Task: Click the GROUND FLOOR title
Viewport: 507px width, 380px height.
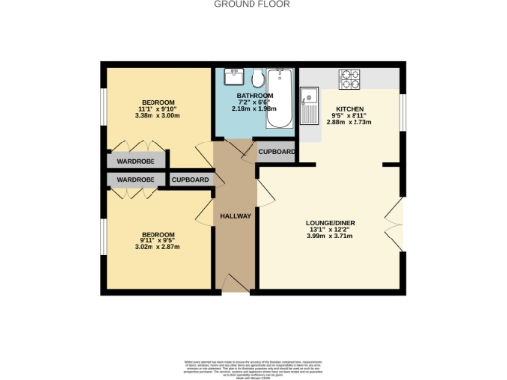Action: click(253, 4)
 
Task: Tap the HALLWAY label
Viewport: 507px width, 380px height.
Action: click(235, 215)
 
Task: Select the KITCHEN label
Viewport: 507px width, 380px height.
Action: click(351, 109)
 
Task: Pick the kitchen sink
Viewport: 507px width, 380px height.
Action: click(310, 97)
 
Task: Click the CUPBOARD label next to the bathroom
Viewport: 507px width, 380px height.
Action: click(277, 152)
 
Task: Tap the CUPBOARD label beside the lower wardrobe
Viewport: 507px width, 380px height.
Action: click(190, 180)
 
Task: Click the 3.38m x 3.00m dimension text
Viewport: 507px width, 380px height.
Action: click(157, 115)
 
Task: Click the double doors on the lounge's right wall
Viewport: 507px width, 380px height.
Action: click(399, 224)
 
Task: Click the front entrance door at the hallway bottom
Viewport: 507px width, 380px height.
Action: click(235, 287)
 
